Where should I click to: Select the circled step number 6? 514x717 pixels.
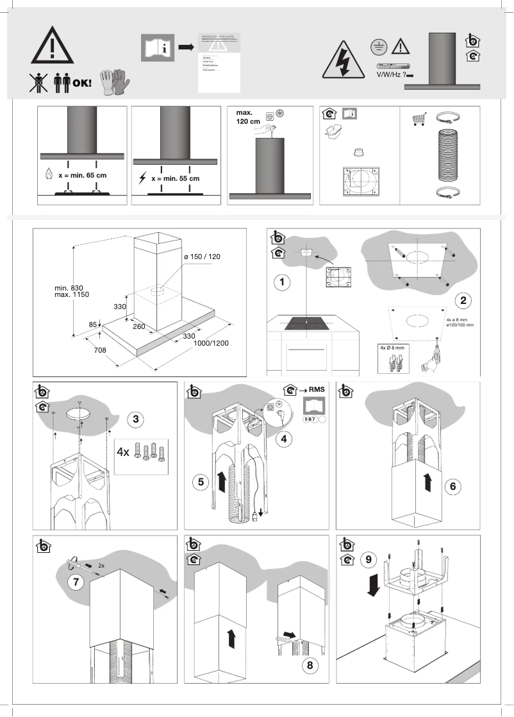point(452,486)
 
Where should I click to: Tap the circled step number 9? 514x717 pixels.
point(368,559)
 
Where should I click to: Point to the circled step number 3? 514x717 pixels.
point(135,419)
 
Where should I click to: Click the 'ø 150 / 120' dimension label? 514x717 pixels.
point(202,257)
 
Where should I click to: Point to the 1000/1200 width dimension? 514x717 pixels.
point(211,343)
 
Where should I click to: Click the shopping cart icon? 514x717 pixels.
point(420,119)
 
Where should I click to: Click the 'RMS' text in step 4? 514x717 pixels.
point(316,389)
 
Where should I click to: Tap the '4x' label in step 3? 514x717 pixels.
point(123,451)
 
